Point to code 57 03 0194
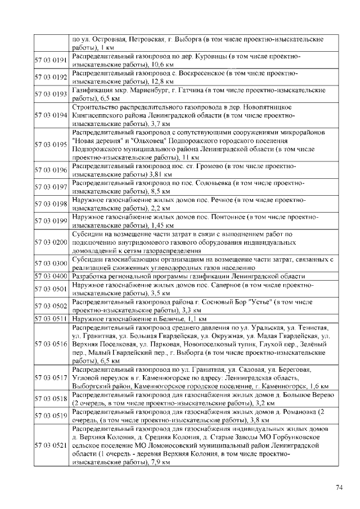pos(51,115)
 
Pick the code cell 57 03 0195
pos(51,145)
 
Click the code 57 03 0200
pos(51,242)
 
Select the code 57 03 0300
pos(51,263)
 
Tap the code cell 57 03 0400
pos(51,276)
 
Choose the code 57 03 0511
pos(51,319)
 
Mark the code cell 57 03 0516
pos(51,344)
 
